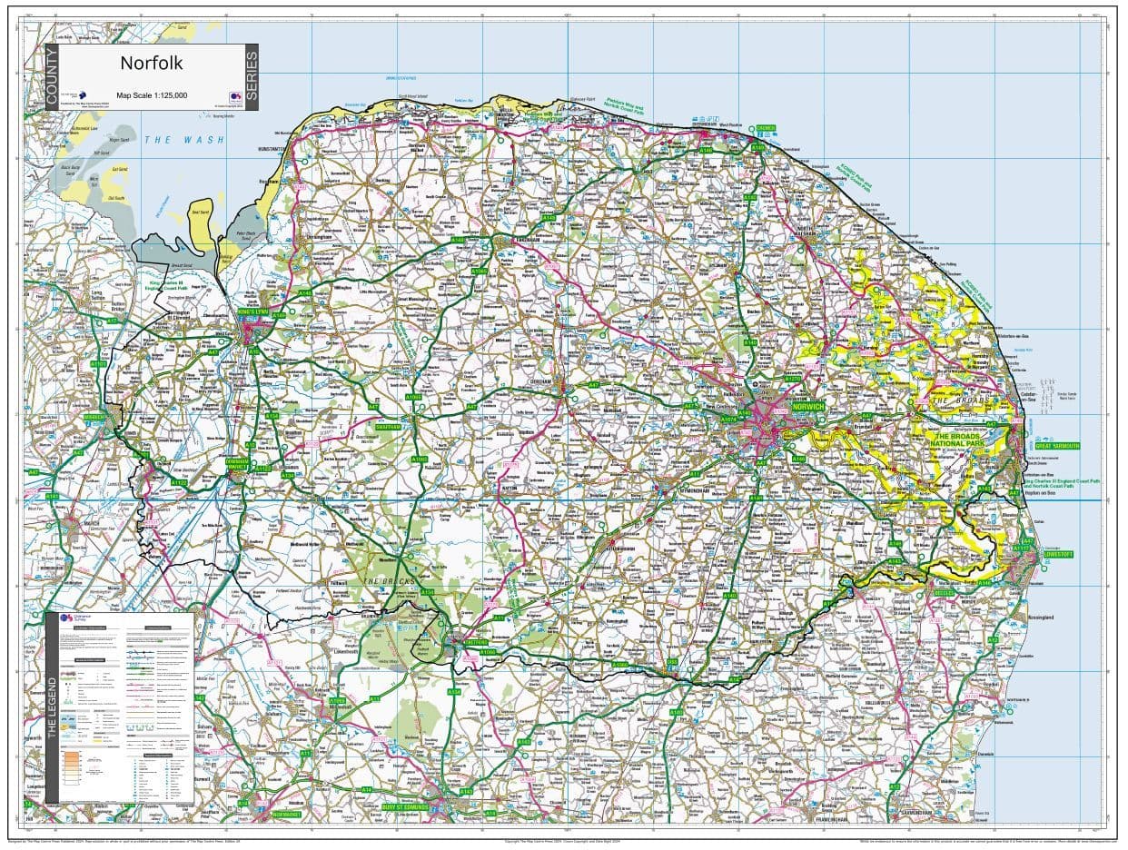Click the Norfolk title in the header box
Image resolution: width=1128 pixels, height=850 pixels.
click(x=152, y=64)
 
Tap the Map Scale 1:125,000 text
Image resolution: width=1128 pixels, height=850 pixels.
click(x=152, y=94)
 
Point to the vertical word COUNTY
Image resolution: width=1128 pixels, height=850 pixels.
click(x=52, y=77)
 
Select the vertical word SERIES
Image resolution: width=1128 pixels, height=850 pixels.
click(x=252, y=77)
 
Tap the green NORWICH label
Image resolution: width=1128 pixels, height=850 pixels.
click(x=807, y=406)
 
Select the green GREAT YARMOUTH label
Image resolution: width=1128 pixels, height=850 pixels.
click(x=1057, y=446)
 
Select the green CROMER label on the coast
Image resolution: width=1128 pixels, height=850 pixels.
click(x=766, y=128)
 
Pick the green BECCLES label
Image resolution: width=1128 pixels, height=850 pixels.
click(x=945, y=592)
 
